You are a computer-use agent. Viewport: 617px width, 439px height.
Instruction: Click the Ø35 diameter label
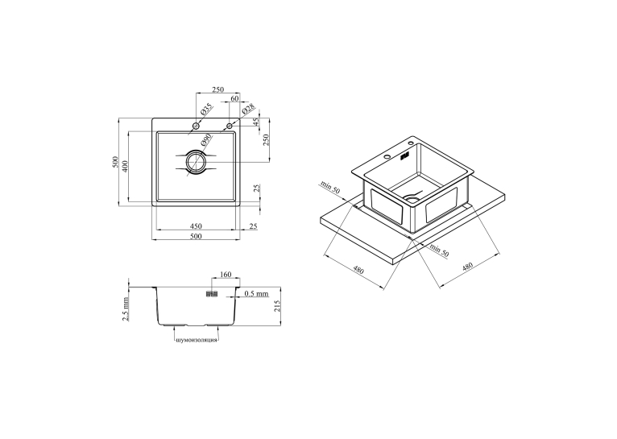click(x=206, y=109)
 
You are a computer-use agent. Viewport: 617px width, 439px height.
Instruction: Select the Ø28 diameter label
click(x=248, y=109)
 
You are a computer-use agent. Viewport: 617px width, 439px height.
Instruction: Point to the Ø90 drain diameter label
click(x=205, y=139)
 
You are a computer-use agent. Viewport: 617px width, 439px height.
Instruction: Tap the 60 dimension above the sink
click(x=234, y=98)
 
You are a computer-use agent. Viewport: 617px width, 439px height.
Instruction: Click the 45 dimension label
click(x=256, y=122)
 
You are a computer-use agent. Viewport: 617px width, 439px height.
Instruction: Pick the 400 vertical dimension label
click(x=124, y=167)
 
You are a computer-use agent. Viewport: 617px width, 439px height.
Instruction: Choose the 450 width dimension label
click(x=196, y=226)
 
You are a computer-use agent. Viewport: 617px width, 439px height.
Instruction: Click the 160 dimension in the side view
click(x=226, y=274)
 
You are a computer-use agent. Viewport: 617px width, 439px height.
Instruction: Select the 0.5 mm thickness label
click(x=256, y=293)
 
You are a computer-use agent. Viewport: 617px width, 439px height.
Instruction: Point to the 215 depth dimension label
click(x=276, y=306)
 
